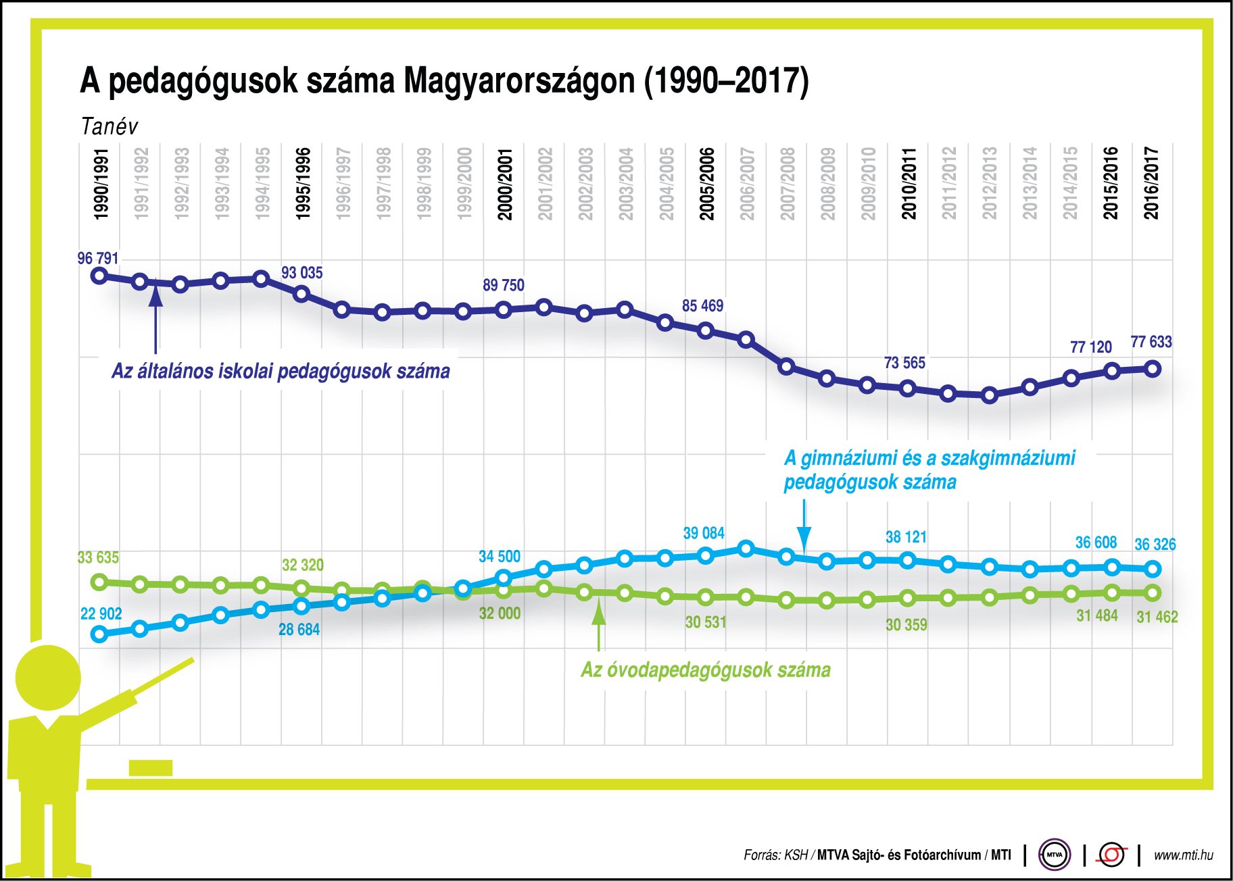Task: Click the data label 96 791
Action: [x=98, y=258]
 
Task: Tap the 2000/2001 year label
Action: [x=505, y=184]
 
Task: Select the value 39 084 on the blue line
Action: [x=704, y=533]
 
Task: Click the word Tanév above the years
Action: [x=109, y=126]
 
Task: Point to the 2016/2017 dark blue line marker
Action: [x=1153, y=369]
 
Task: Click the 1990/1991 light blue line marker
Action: [x=99, y=634]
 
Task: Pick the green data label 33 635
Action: [x=98, y=557]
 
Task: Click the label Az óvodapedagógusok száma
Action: [x=706, y=670]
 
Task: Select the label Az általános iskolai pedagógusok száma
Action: [x=281, y=371]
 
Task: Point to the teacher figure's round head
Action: [x=47, y=678]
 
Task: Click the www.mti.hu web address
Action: [x=1183, y=855]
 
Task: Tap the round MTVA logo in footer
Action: [x=1055, y=855]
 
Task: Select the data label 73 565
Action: [x=904, y=363]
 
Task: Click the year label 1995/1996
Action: [x=303, y=184]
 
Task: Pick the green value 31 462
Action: [x=1157, y=617]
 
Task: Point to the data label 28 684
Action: [x=299, y=630]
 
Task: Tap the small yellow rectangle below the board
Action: [x=150, y=767]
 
